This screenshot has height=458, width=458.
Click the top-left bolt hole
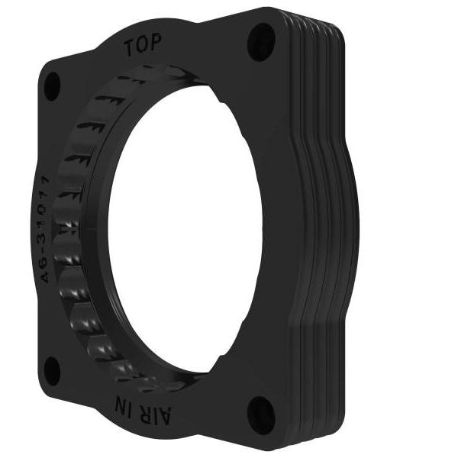click(x=53, y=84)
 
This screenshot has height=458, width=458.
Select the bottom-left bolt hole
click(x=52, y=371)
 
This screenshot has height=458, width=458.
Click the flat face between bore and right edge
click(x=279, y=229)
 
